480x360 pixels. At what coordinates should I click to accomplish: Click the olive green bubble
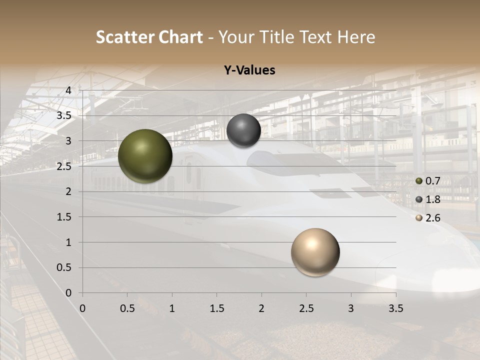145,156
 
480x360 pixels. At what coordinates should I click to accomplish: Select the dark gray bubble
243,130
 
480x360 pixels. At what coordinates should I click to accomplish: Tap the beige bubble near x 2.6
315,252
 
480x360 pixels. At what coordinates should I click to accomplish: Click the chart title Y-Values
249,70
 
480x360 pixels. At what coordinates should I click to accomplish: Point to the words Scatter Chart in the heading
149,37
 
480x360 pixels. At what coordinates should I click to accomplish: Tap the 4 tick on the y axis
68,90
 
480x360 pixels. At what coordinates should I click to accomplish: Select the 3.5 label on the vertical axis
64,115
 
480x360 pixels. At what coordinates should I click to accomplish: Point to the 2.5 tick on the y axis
64,166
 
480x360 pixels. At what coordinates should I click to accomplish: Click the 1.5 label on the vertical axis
64,217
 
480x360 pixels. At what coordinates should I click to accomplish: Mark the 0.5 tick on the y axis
64,267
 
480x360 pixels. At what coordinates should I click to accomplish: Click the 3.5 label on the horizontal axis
395,308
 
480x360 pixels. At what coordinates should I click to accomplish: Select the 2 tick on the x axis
261,308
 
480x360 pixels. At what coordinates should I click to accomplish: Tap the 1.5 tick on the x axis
216,308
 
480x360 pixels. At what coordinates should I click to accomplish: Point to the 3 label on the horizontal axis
351,308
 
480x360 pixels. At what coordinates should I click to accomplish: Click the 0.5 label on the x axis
127,308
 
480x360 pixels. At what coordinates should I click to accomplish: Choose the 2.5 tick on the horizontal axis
306,308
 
